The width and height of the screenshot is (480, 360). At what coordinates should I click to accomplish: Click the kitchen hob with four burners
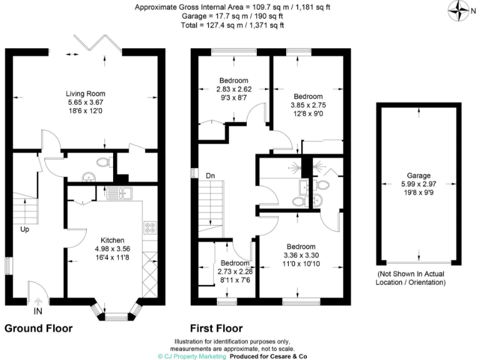click(x=149, y=229)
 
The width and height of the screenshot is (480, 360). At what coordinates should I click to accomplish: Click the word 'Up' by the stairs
click(x=24, y=229)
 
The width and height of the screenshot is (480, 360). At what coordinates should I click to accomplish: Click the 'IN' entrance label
click(x=39, y=311)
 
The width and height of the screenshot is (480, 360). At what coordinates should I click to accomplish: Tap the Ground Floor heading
click(x=39, y=328)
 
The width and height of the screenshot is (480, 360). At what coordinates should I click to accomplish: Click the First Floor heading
click(x=216, y=328)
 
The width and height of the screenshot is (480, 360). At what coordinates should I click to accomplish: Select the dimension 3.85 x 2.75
click(x=308, y=105)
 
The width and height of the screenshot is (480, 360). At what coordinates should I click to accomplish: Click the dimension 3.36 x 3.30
click(x=301, y=255)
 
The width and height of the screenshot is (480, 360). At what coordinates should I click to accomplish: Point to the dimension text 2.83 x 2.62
click(x=234, y=89)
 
